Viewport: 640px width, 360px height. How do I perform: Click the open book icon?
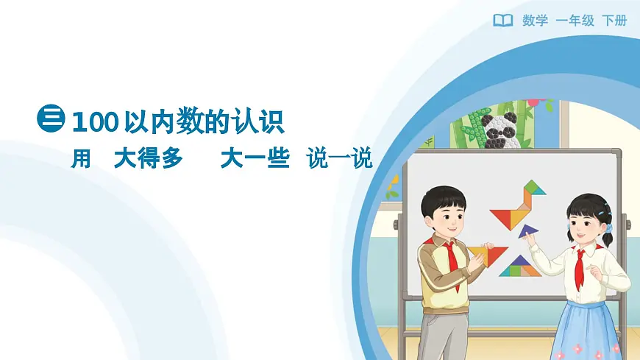click(x=502, y=21)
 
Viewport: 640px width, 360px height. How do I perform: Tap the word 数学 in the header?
click(x=535, y=21)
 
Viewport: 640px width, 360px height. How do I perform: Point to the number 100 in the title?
click(x=95, y=121)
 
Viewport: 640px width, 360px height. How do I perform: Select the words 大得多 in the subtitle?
click(x=148, y=158)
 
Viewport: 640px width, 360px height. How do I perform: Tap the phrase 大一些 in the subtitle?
click(x=255, y=158)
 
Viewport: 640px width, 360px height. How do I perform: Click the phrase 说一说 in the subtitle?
click(x=340, y=158)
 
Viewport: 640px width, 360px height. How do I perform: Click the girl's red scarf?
click(x=580, y=265)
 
